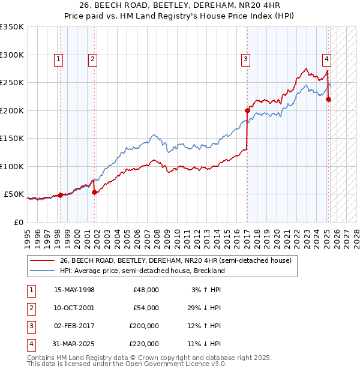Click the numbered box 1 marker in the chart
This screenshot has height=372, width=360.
point(59,59)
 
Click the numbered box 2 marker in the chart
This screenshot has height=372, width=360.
point(93,59)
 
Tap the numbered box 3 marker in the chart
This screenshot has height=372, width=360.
point(246,59)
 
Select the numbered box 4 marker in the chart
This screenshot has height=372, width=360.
point(326,59)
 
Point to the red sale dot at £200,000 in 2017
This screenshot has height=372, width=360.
point(247,110)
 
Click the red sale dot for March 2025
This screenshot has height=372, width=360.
point(328,100)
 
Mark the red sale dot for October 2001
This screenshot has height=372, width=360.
point(94,193)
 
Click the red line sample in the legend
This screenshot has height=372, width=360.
point(42,261)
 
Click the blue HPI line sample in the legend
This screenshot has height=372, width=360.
point(42,271)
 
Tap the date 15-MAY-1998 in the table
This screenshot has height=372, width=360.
point(74,290)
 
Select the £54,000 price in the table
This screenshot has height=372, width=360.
point(146,308)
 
